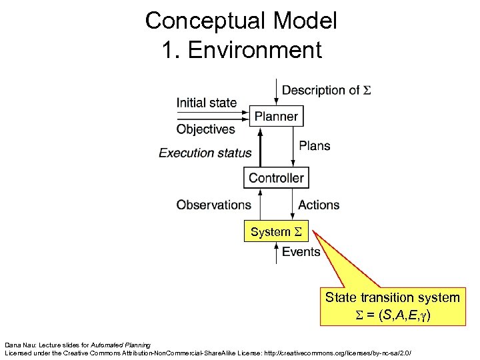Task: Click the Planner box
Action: click(276, 117)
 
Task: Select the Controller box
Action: click(276, 178)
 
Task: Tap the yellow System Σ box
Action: click(276, 232)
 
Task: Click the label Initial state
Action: click(206, 103)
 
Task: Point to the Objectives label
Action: click(205, 129)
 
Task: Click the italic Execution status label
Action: click(205, 153)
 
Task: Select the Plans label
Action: click(315, 145)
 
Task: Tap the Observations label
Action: click(213, 205)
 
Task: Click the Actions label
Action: click(319, 205)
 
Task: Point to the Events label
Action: click(301, 251)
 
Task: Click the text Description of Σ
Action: click(327, 90)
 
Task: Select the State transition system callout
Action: click(392, 297)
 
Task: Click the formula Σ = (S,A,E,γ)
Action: click(392, 313)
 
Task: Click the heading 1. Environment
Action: click(241, 49)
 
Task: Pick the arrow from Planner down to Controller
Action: click(294, 147)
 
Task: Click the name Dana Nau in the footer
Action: click(19, 342)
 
